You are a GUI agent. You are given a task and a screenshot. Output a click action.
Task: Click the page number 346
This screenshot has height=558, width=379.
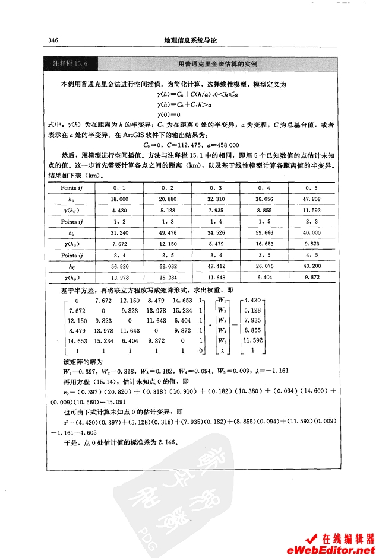pos(52,41)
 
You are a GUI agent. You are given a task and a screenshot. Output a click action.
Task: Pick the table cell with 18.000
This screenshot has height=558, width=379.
pos(120,200)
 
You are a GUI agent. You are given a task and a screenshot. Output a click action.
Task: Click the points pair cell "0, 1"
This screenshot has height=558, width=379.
pos(120,187)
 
